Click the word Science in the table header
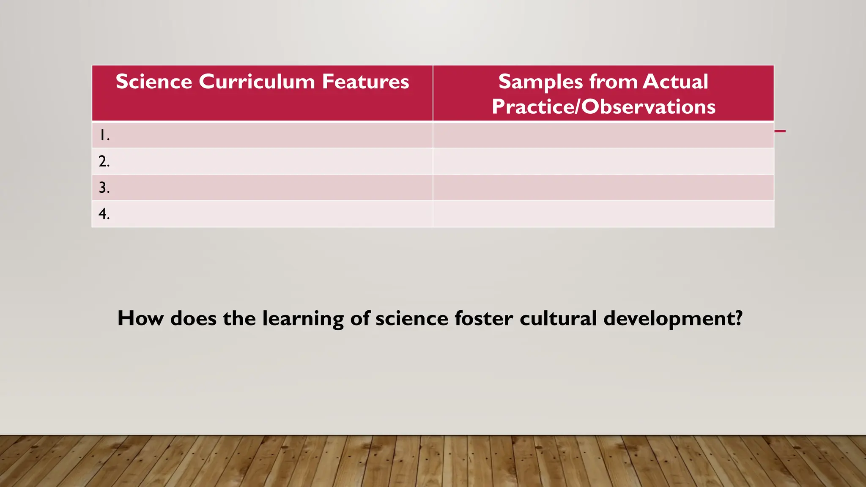[154, 82]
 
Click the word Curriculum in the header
[257, 82]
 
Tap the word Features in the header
[365, 82]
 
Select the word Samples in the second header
[540, 82]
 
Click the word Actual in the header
[675, 82]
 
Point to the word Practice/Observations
[603, 107]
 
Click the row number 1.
[104, 135]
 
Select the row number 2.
[104, 161]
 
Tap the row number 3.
[104, 188]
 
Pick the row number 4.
[104, 214]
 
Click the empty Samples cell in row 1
[603, 135]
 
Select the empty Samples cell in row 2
[603, 161]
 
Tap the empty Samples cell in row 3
[603, 188]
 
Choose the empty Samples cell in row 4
[603, 214]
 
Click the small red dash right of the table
[780, 131]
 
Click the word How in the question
[140, 318]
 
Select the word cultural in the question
[558, 318]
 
